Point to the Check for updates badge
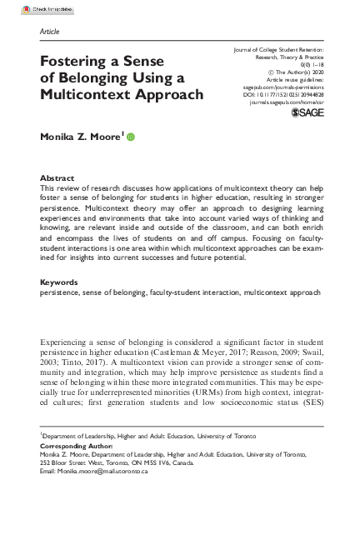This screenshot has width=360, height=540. point(25,7)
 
